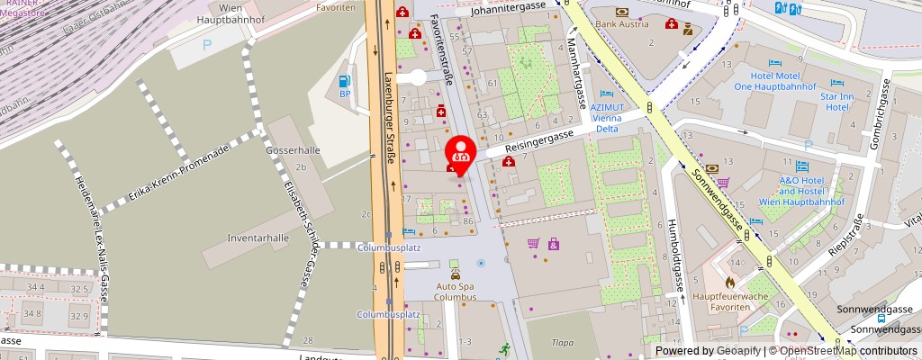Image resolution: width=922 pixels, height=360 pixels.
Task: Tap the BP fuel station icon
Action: pos(344,81)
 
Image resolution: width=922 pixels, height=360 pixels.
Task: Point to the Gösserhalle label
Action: pos(287,149)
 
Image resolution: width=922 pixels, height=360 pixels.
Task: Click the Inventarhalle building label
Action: pos(232,238)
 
